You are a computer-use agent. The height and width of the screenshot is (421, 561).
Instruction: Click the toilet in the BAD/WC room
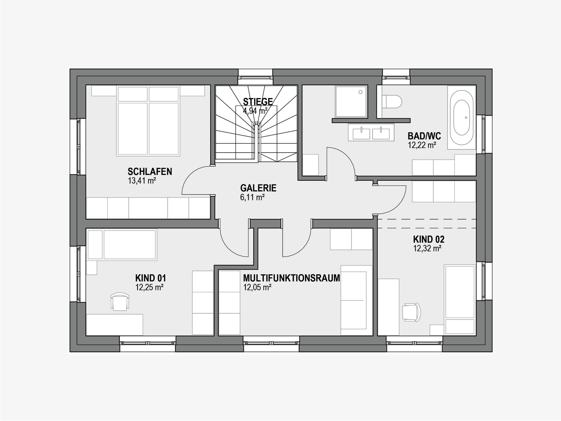(392, 102)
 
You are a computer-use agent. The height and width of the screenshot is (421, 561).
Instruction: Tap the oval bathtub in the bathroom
(462, 117)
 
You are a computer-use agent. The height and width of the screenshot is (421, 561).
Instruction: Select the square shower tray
(351, 102)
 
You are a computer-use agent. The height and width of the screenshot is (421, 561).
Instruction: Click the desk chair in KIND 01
(120, 301)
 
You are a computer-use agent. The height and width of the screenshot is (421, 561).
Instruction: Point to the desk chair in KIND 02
(412, 312)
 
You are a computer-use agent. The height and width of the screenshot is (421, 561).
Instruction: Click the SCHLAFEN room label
(150, 172)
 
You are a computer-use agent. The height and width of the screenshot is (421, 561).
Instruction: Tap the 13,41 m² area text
(142, 181)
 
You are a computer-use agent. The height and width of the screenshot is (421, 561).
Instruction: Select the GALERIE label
(258, 188)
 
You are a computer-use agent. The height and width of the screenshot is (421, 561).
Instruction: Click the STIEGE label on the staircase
(258, 102)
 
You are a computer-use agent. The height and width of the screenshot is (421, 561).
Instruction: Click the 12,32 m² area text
(427, 248)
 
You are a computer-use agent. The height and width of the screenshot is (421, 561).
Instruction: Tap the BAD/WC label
(424, 136)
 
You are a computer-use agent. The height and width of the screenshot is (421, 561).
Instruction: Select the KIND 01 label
(151, 278)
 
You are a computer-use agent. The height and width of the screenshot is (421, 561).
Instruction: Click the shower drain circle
(360, 92)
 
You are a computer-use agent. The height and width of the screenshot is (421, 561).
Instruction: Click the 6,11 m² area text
(253, 197)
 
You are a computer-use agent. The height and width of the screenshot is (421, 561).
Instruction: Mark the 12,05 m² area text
(257, 287)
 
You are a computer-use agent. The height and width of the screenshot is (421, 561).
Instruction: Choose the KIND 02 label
(429, 239)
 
